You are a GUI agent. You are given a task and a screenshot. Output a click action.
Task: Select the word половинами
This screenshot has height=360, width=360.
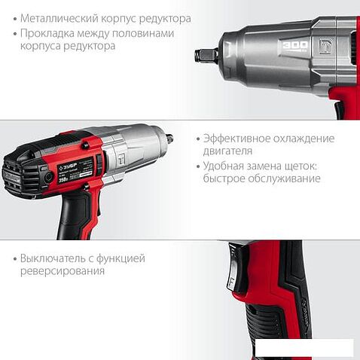tap(146, 33)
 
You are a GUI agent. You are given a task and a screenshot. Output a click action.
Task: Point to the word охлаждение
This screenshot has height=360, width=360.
tap(307, 139)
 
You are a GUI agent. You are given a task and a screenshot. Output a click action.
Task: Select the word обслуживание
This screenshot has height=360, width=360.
tap(283, 178)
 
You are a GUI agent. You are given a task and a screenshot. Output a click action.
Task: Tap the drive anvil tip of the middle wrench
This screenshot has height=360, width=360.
tap(170, 139)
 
